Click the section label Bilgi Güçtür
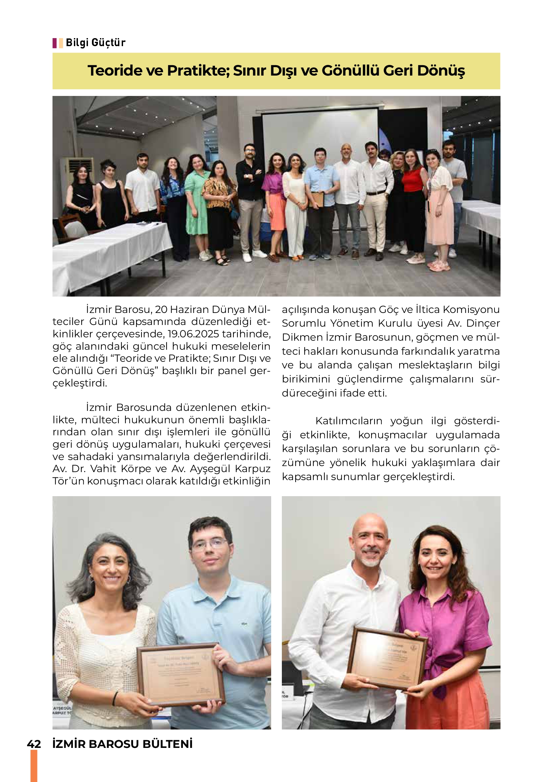tap(95, 42)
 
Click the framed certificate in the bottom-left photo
tap(181, 674)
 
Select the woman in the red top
tap(413, 198)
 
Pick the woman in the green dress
tap(197, 201)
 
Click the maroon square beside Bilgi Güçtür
tap(54, 43)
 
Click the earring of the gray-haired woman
tap(128, 580)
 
